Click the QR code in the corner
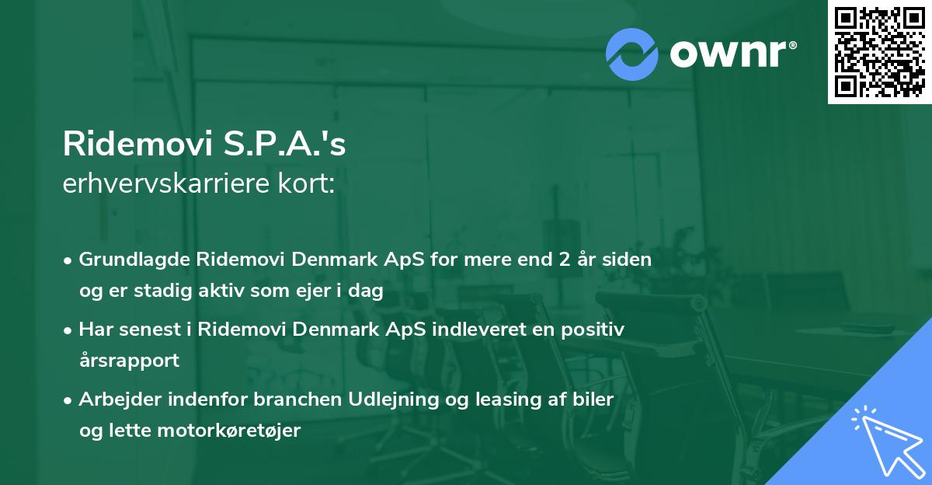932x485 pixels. point(879,52)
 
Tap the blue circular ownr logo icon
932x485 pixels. point(632,54)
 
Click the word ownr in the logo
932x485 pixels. point(729,53)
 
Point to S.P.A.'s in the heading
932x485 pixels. point(280,144)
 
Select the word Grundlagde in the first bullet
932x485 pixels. point(128,259)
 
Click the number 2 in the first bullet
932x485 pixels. point(555,259)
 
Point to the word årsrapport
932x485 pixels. point(129,361)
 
